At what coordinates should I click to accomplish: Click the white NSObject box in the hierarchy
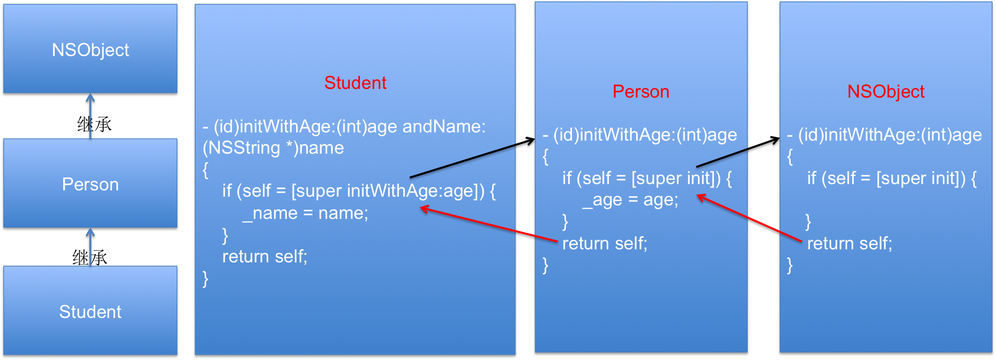90,49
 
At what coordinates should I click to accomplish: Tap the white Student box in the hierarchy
90,311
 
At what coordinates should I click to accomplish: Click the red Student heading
355,83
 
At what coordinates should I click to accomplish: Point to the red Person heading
641,91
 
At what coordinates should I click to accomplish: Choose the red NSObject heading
886,91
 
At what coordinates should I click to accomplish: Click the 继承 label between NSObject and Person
95,124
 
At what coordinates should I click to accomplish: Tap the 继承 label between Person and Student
90,257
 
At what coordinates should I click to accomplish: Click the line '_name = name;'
305,213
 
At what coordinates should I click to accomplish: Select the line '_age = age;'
630,200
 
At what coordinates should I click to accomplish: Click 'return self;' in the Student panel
265,256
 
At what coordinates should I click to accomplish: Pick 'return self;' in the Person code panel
605,243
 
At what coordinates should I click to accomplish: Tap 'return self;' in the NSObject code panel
850,243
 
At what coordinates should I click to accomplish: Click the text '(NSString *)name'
273,148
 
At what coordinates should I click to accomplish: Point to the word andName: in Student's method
444,126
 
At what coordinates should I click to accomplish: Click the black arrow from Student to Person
472,158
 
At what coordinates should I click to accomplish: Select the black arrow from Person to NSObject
738,152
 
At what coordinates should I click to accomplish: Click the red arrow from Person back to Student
489,224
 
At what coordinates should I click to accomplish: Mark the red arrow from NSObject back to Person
749,217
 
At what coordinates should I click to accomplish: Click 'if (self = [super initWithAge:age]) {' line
359,191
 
